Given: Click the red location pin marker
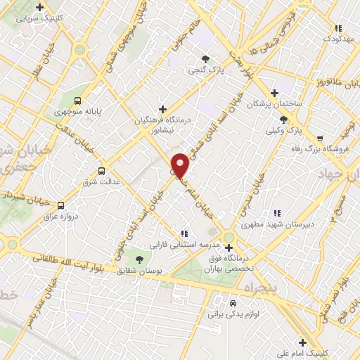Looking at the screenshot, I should pos(180,165).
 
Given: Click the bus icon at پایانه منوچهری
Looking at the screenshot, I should pos(77,100).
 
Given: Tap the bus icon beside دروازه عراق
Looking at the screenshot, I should pos(61,205).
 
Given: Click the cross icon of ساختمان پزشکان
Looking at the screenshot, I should pos(275,93).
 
